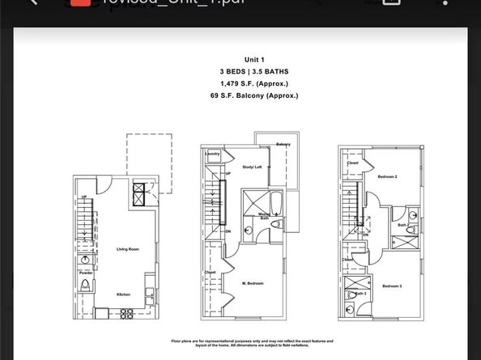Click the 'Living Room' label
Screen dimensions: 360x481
click(128, 249)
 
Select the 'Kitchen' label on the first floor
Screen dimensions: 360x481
click(123, 294)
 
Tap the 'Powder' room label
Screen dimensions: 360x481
click(86, 273)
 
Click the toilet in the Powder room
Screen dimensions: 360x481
click(85, 285)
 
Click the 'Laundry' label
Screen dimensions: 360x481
click(213, 153)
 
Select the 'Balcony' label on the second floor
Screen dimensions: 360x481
click(283, 144)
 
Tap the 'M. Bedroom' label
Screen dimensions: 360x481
click(253, 284)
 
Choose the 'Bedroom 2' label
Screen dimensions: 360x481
click(388, 176)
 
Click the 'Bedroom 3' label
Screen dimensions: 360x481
click(392, 286)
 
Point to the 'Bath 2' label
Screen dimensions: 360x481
click(402, 226)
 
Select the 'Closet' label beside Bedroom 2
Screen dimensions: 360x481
click(353, 163)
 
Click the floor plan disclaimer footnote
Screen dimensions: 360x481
click(252, 344)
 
